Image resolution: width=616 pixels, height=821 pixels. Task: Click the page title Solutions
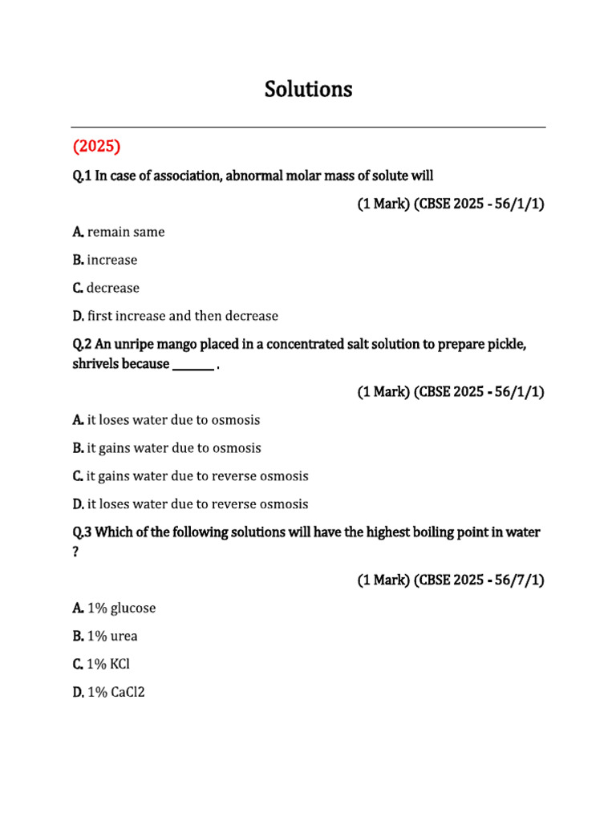pyautogui.click(x=308, y=90)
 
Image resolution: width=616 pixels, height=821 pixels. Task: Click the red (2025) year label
pyautogui.click(x=96, y=147)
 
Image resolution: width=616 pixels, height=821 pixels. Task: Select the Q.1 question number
pyautogui.click(x=82, y=176)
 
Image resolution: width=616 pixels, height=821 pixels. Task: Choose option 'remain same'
pyautogui.click(x=125, y=232)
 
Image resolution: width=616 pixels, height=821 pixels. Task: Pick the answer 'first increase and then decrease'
pyautogui.click(x=182, y=316)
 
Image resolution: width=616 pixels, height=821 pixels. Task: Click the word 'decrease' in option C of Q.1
pyautogui.click(x=112, y=288)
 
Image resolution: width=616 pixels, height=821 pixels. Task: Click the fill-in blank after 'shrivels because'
pyautogui.click(x=192, y=365)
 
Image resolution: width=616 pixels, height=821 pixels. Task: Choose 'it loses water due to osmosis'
pyautogui.click(x=172, y=420)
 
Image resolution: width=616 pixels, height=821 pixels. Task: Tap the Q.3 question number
pyautogui.click(x=82, y=532)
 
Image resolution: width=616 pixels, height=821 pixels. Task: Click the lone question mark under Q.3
pyautogui.click(x=75, y=552)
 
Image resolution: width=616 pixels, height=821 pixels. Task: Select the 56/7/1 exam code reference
pyautogui.click(x=521, y=580)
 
